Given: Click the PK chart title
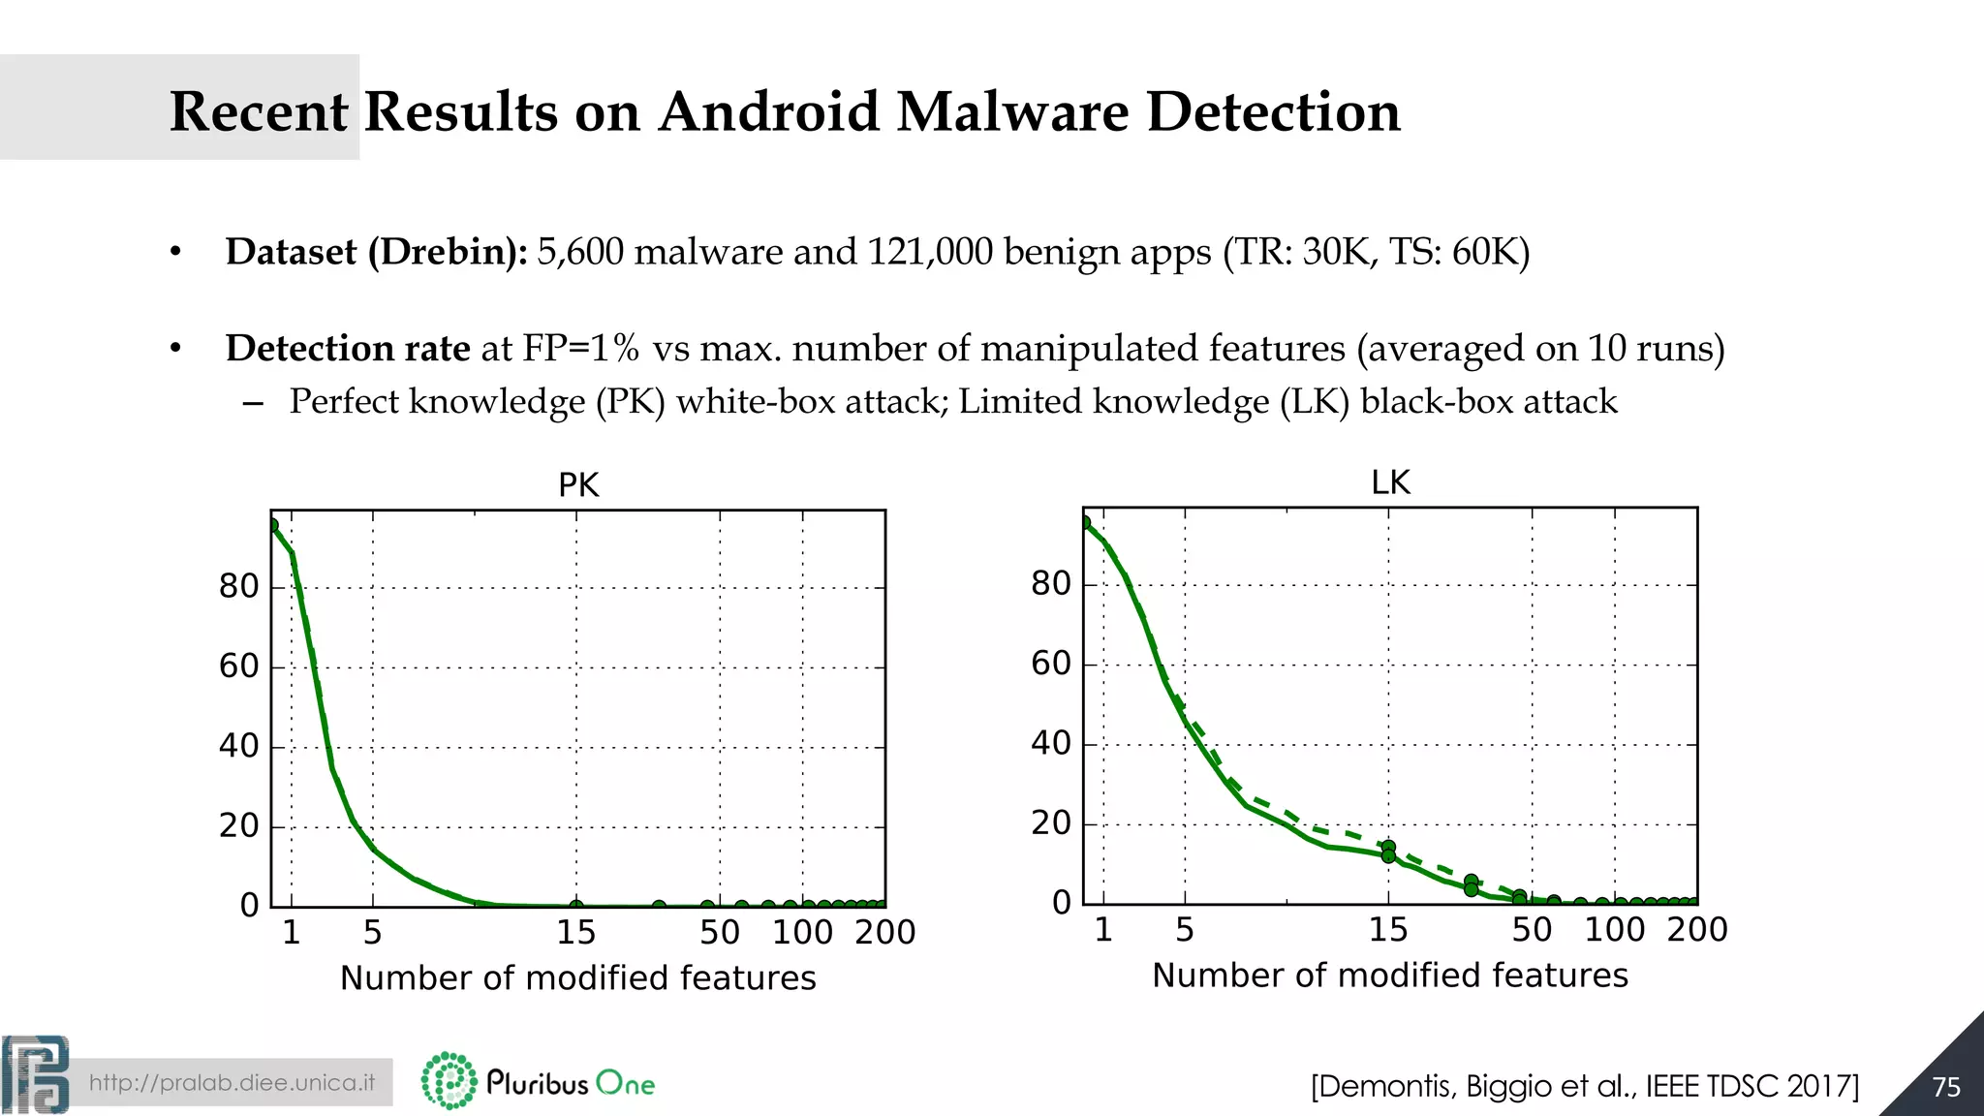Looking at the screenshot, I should coord(578,484).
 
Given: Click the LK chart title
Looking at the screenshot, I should coord(1390,481).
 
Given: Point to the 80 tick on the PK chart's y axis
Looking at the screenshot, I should coord(239,586).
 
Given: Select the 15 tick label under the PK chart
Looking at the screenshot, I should coord(575,932).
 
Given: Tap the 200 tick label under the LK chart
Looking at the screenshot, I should coord(1697,929).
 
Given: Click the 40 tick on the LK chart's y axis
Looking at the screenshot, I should coord(1051,743).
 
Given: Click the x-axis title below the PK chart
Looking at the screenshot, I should coord(577,977).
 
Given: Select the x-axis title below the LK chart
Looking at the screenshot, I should coord(1389,975).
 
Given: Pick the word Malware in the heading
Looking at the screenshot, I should coord(1012,111).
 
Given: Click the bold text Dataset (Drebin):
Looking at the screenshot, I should coord(376,252).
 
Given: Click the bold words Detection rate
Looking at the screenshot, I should coord(348,348).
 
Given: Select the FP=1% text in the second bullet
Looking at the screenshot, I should coord(581,348).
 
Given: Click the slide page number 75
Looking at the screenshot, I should coord(1945,1087).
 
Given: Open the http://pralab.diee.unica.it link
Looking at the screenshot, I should coord(232,1082).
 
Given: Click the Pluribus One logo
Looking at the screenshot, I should coord(539,1081).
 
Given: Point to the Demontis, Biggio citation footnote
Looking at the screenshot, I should coord(1584,1086).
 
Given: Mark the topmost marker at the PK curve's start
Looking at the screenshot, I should coord(272,526).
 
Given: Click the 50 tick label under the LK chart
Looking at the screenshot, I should coord(1532,929).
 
